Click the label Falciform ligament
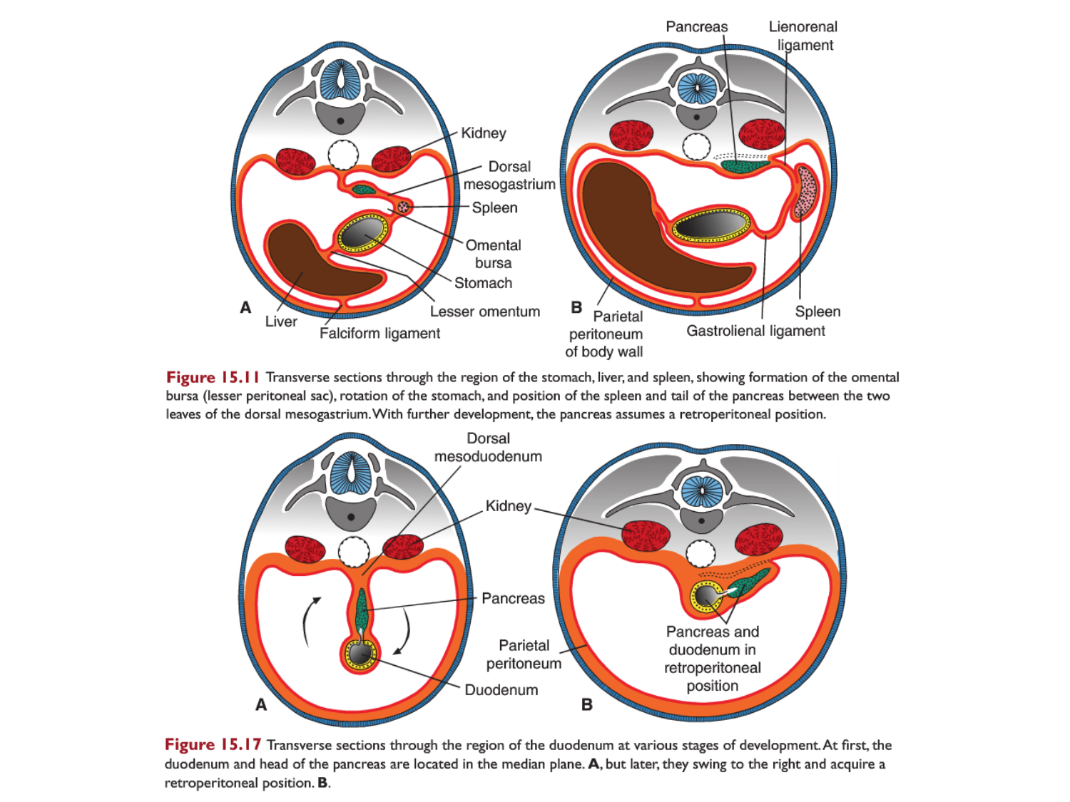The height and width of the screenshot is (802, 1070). [x=379, y=333]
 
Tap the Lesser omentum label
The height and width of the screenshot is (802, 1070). [x=484, y=312]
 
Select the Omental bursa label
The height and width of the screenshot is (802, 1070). [x=493, y=254]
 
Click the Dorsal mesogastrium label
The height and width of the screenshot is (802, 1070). [x=509, y=175]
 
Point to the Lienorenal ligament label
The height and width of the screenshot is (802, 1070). [x=803, y=36]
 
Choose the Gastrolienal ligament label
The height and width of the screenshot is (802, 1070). [x=755, y=331]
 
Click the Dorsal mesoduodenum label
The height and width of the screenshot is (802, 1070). [x=488, y=447]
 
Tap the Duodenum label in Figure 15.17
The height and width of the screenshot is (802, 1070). [x=501, y=690]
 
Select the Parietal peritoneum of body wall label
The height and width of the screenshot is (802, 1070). [x=605, y=334]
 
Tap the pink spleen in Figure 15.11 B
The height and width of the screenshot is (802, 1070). [x=807, y=191]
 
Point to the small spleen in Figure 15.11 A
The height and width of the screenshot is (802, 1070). [x=404, y=207]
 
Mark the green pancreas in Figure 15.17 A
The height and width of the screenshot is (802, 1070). [x=362, y=610]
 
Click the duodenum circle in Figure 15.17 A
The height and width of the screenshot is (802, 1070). [x=360, y=653]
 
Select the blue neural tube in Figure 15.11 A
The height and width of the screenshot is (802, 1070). [x=341, y=80]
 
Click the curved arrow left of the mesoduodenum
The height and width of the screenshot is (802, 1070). [x=309, y=620]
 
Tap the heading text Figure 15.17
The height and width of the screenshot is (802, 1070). [x=213, y=745]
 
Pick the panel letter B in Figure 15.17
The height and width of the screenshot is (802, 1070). [x=586, y=704]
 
